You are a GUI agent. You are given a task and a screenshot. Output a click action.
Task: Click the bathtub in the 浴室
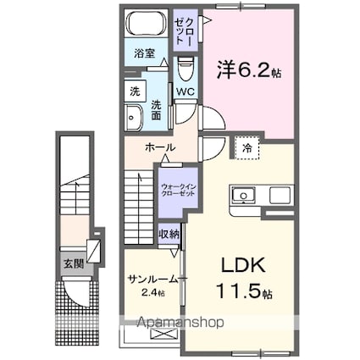(x=147, y=23)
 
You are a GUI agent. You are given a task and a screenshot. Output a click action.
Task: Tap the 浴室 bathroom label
(x=144, y=53)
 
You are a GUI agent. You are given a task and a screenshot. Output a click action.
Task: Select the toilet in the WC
(x=186, y=69)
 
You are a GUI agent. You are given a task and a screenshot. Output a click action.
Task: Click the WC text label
(x=186, y=91)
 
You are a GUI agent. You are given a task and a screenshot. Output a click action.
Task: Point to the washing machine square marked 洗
(x=135, y=91)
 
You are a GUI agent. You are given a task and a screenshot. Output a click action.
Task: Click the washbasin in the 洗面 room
(x=134, y=118)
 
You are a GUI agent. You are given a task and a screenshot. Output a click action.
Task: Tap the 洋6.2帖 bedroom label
(x=249, y=70)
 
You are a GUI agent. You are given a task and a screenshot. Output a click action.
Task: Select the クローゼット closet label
(x=185, y=30)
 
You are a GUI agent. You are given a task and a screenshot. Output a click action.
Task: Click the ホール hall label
(x=160, y=147)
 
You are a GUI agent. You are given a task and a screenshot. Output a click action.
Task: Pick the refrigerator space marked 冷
(x=246, y=148)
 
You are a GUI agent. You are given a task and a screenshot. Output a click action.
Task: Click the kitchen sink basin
(x=243, y=196)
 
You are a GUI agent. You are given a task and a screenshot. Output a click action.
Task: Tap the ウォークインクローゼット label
(x=178, y=190)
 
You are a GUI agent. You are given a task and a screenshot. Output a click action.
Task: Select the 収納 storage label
(x=169, y=234)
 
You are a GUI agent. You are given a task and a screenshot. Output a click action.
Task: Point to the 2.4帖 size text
(x=152, y=293)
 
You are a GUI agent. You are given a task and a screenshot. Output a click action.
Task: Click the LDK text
(x=243, y=265)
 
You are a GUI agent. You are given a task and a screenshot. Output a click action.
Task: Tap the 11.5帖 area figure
(x=244, y=291)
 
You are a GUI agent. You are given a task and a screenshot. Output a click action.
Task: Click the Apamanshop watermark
(x=180, y=323)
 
